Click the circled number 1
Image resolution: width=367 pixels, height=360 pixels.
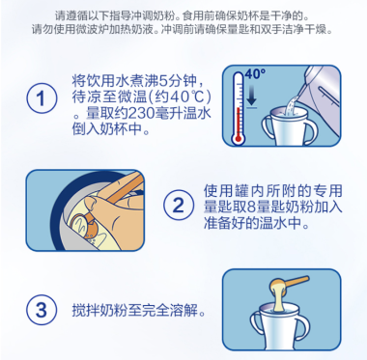coord(42,98)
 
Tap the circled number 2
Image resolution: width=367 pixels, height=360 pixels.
coord(179,206)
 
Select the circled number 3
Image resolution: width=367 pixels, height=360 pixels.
coord(42,310)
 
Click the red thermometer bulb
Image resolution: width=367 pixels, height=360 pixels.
coord(239,139)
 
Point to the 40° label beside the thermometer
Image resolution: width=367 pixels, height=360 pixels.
coord(255,74)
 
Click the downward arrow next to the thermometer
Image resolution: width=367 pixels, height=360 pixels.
coord(251,97)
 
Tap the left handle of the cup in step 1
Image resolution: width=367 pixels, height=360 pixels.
coord(268,127)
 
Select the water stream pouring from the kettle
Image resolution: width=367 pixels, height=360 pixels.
coord(292,103)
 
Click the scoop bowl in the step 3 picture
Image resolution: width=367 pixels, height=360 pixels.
coord(279,285)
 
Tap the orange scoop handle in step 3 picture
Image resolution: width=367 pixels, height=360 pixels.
coord(296,281)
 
